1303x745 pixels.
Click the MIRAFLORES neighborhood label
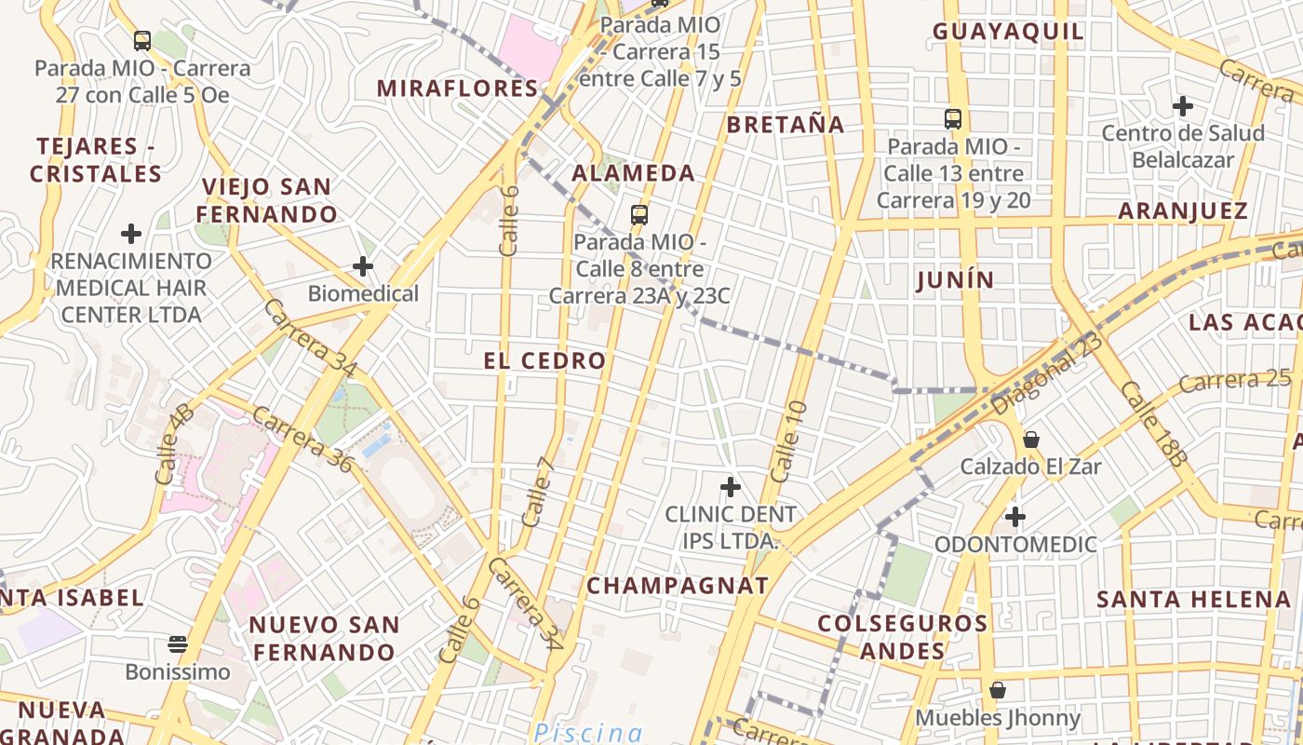tap(457, 88)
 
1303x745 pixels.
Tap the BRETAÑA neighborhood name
tap(786, 125)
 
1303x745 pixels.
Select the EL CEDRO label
tap(544, 361)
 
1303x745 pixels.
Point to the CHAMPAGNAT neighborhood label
tap(678, 586)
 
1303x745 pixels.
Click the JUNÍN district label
tap(955, 279)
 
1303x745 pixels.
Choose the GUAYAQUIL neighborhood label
tap(1008, 32)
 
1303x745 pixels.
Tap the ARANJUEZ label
tap(1182, 211)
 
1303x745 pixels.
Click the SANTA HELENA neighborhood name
tap(1194, 599)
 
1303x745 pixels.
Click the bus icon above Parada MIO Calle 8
tap(639, 215)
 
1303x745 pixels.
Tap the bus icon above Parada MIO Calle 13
tap(953, 119)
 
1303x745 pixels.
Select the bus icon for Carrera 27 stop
tap(142, 40)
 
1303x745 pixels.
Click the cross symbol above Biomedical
tap(363, 267)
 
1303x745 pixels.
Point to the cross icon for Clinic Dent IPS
tap(731, 486)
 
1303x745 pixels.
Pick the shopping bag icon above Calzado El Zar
tap(1031, 439)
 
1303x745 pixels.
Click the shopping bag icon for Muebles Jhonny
tap(998, 690)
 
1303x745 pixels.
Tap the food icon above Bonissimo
tap(178, 643)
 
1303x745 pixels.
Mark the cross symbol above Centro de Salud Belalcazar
tap(1183, 106)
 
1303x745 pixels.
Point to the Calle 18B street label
tap(1154, 424)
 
